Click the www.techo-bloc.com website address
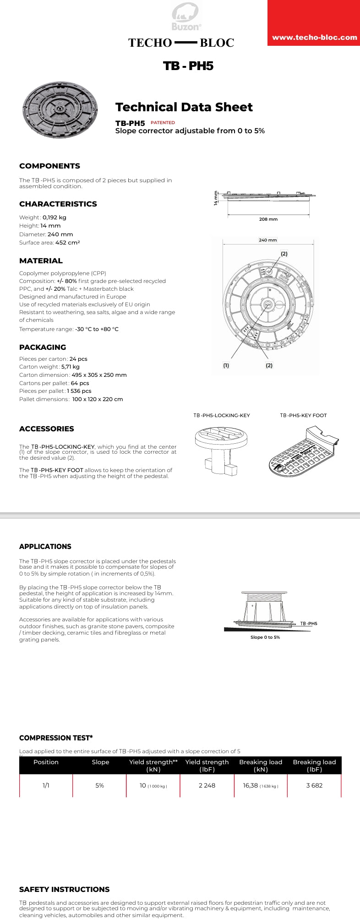314,38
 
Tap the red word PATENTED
163,123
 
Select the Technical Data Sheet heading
184,107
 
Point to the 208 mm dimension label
268,219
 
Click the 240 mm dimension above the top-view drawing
268,240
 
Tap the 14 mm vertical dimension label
216,198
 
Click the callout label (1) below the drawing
226,365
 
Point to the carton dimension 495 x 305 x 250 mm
99,375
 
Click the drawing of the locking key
222,449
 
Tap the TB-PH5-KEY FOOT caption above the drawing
303,416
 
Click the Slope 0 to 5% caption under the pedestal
265,637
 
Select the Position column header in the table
46,762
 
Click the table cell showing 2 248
207,785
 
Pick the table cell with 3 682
314,785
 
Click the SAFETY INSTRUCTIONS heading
64,889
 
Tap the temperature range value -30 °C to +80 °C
97,329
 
